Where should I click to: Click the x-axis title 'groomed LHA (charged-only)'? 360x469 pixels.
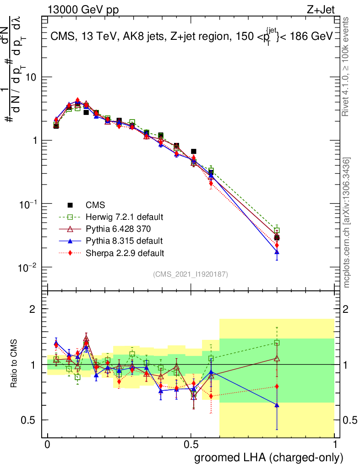pos(269,457)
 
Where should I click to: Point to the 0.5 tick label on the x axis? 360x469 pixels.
pos(191,445)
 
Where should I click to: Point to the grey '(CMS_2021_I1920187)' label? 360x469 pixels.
pos(191,274)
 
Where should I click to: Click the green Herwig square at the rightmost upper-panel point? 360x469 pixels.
pos(277,230)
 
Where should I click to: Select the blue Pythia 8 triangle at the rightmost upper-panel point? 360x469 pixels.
pos(277,252)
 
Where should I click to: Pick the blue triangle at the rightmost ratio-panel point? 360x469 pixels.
pos(277,405)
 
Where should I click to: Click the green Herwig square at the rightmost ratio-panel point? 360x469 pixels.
pos(277,343)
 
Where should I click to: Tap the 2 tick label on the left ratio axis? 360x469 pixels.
pos(33,310)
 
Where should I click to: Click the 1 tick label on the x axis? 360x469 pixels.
pos(335,445)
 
